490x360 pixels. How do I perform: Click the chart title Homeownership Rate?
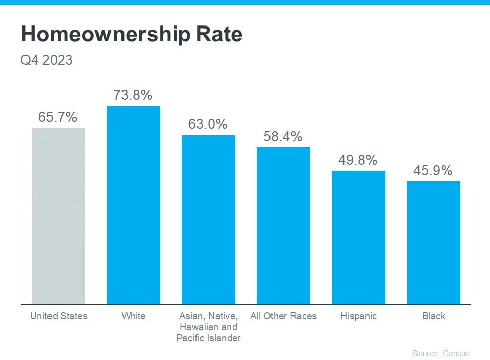(x=131, y=35)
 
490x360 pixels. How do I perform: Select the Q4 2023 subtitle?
(x=46, y=60)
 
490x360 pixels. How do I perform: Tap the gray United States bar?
(x=58, y=216)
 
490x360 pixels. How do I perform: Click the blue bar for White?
(x=133, y=205)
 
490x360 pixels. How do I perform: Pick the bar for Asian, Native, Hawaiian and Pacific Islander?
(x=208, y=220)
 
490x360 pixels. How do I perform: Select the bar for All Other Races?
(x=283, y=226)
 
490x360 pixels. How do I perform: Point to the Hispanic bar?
(x=358, y=238)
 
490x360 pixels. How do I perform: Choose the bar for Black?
(x=433, y=243)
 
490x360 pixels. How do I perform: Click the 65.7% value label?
(x=58, y=117)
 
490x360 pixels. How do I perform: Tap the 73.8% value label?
(x=133, y=95)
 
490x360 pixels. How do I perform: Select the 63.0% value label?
(x=208, y=124)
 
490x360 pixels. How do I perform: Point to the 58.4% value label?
(x=283, y=137)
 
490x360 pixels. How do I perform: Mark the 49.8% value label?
(x=358, y=160)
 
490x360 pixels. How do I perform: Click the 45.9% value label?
(x=433, y=170)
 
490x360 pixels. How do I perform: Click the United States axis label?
(x=59, y=316)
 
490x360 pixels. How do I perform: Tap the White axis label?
(x=133, y=316)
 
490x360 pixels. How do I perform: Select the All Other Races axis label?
(x=283, y=316)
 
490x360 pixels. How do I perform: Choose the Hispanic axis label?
(x=358, y=316)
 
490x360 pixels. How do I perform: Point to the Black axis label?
(x=433, y=316)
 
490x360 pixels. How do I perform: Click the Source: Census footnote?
(x=440, y=353)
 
